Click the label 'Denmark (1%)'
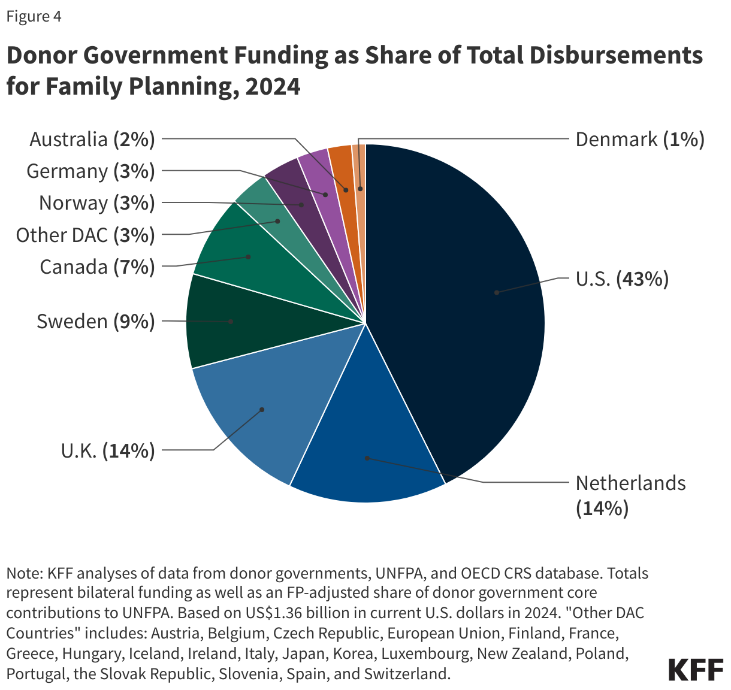(x=639, y=140)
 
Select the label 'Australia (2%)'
(x=92, y=140)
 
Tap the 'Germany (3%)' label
(x=90, y=171)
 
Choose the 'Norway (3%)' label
(x=96, y=203)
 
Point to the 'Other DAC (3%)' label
(x=85, y=235)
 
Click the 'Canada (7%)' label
(x=97, y=267)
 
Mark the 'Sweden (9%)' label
(x=95, y=322)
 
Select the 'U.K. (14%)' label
(x=108, y=450)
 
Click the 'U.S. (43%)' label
(x=622, y=279)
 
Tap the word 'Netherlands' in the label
(x=630, y=483)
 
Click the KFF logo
(x=696, y=670)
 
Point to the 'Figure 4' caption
(x=34, y=16)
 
